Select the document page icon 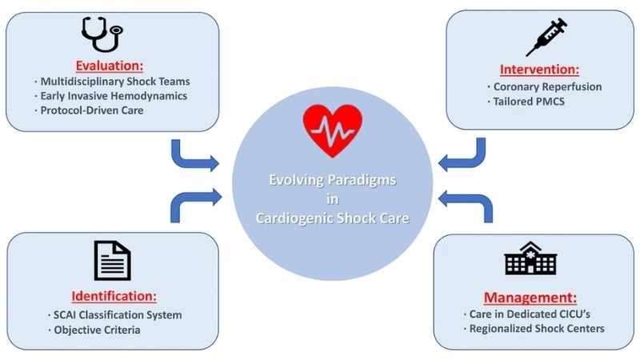(x=112, y=261)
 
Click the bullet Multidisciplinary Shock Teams (x=118, y=82)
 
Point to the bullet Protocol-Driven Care (x=100, y=110)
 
